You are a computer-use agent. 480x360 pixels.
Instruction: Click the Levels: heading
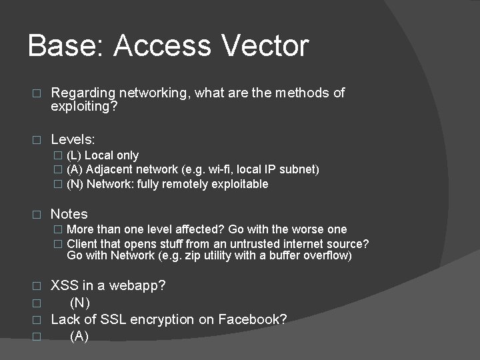(x=73, y=139)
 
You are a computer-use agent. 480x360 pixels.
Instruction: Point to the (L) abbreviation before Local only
(x=74, y=155)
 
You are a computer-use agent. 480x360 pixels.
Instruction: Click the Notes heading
(x=69, y=214)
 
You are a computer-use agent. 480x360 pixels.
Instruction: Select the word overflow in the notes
(x=326, y=256)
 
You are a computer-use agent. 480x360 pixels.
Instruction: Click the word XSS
(x=65, y=285)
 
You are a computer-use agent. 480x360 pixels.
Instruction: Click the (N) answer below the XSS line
(x=80, y=303)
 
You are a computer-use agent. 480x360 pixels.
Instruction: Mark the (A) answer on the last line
(x=79, y=336)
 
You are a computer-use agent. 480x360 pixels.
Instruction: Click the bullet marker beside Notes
(x=37, y=215)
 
